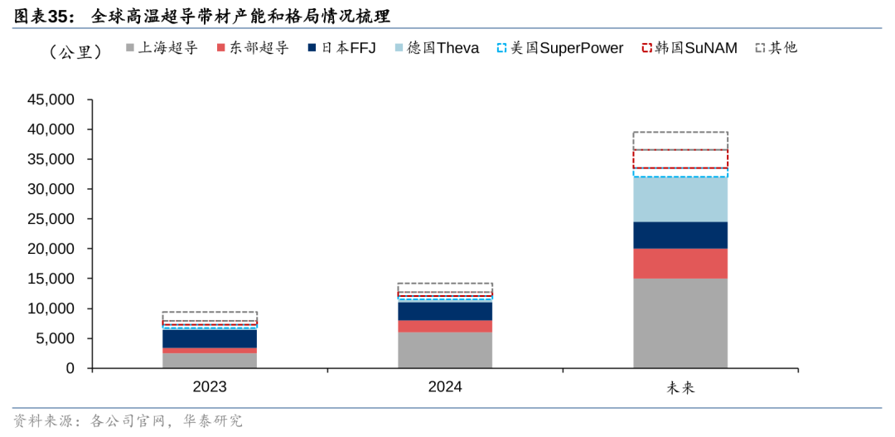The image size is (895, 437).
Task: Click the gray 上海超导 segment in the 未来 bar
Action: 680,323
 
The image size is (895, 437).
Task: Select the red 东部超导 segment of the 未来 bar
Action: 680,263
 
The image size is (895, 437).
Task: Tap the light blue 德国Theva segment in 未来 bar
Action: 680,199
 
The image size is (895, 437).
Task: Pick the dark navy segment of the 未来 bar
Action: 680,235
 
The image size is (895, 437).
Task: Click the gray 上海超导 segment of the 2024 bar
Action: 445,349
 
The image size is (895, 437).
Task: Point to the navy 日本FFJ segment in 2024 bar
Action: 445,311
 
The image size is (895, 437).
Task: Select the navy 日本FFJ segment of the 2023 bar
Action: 210,338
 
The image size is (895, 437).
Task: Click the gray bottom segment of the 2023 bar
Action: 210,360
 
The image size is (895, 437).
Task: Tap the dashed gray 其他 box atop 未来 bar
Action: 680,141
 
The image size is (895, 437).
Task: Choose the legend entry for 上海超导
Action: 162,48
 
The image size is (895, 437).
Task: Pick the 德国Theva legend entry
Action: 437,48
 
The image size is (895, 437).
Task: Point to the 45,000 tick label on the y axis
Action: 51,100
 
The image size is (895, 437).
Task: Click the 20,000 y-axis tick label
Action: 51,249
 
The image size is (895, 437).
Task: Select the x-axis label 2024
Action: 445,386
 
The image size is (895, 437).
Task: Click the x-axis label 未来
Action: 680,387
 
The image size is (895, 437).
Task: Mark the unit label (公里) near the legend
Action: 75,51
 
